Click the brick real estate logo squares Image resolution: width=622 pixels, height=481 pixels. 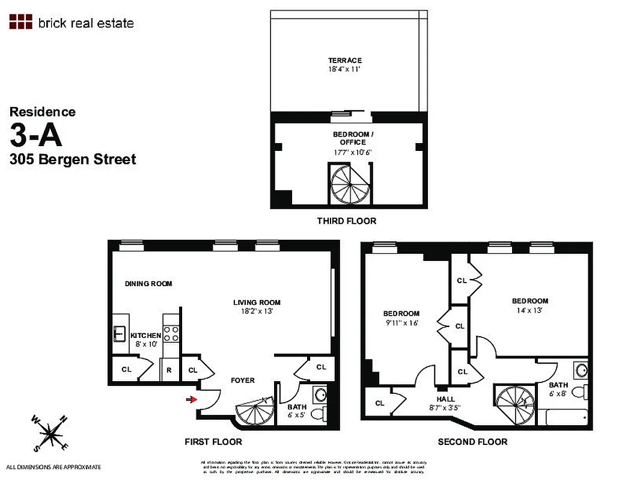coord(20,22)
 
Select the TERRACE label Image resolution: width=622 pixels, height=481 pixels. coord(345,61)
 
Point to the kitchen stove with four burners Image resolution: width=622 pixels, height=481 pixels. coord(170,332)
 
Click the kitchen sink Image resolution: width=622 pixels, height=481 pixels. coord(118,334)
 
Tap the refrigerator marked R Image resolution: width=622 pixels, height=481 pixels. coord(169,370)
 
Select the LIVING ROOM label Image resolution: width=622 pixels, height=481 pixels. coord(257,302)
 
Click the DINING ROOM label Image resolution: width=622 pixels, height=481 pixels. coord(148,284)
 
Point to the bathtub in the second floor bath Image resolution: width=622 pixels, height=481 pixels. coord(565,416)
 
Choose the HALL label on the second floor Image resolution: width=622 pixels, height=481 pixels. coord(446,399)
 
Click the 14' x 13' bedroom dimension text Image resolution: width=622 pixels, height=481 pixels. coord(529,311)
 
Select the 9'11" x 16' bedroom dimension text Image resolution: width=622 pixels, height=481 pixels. coord(401,323)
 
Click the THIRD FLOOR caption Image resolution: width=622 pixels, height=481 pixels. coord(347,221)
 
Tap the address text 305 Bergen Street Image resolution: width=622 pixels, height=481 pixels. coord(73,159)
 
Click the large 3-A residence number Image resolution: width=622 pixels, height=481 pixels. coord(36,135)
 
